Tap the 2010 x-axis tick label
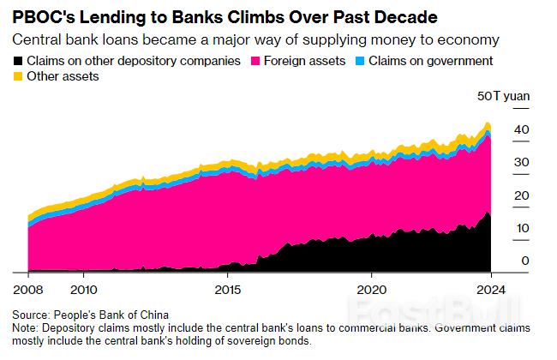pyautogui.click(x=84, y=289)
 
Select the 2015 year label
pyautogui.click(x=227, y=289)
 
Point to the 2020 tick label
pyautogui.click(x=371, y=289)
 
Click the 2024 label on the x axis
pyautogui.click(x=489, y=289)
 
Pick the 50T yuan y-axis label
pyautogui.click(x=502, y=96)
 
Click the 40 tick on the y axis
pyautogui.click(x=521, y=129)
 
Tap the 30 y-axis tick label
pyautogui.click(x=521, y=162)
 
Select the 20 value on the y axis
pyautogui.click(x=521, y=195)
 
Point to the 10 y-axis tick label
pyautogui.click(x=521, y=228)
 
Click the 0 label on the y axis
pyautogui.click(x=524, y=261)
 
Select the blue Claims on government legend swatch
pyautogui.click(x=360, y=62)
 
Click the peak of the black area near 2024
pyautogui.click(x=488, y=212)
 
